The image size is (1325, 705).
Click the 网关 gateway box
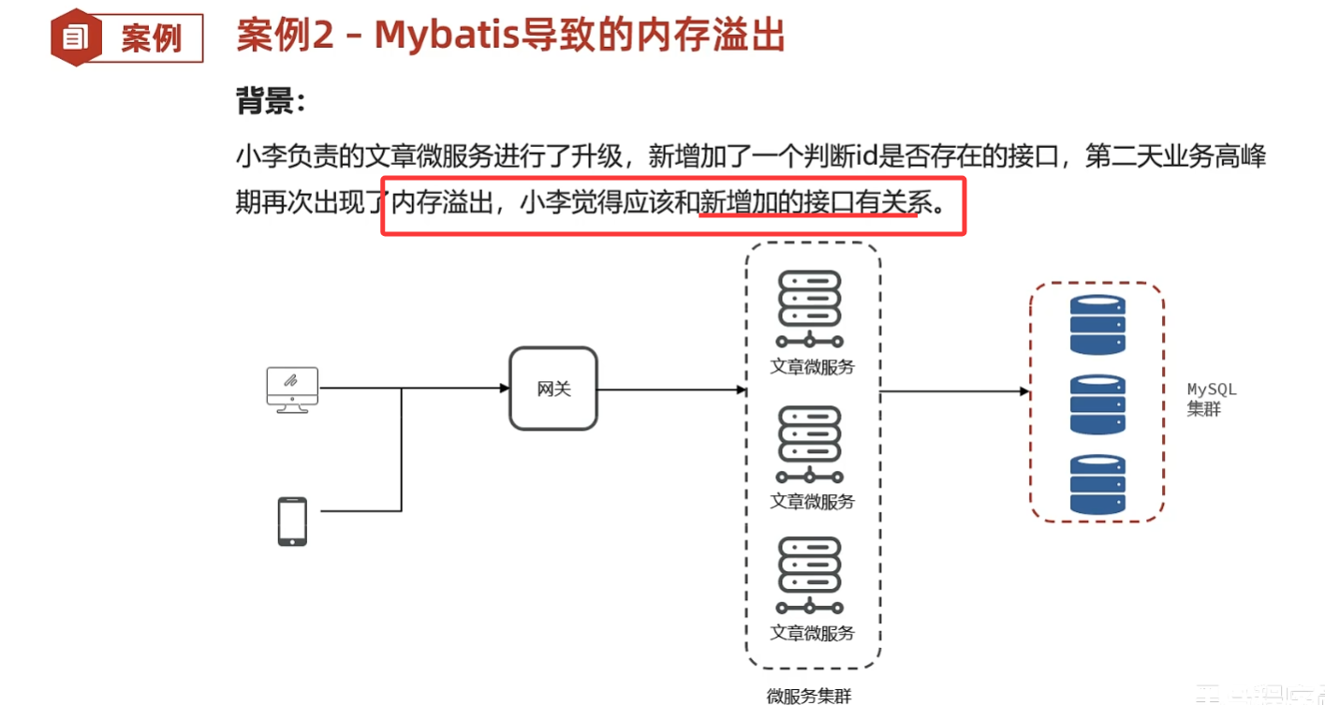553,389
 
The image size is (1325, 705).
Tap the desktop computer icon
292,388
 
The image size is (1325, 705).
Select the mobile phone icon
292,521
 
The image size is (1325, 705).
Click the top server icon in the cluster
810,309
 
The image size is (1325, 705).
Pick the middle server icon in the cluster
810,444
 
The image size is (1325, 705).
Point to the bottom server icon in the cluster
810,575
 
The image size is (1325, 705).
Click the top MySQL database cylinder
1097,324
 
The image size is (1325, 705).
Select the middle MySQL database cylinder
1097,404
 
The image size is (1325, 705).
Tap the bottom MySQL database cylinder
1097,484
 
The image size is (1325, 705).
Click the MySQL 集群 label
1212,399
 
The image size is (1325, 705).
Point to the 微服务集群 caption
809,695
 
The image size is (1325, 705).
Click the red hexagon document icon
76,37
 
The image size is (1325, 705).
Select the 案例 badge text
151,38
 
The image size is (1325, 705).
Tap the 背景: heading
272,101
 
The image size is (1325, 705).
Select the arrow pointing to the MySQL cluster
955,391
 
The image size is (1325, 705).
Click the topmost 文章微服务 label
812,367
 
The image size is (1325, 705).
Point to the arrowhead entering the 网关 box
504,388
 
